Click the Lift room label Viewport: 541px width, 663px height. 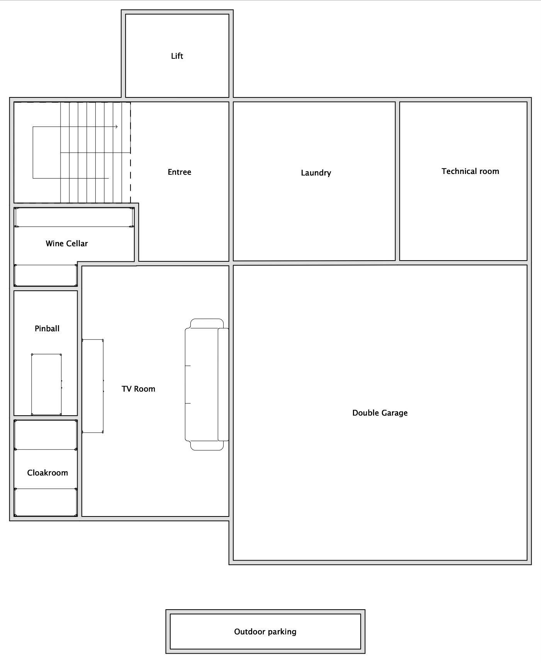click(x=177, y=56)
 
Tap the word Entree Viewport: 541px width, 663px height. click(x=179, y=172)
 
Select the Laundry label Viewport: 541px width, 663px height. click(x=316, y=173)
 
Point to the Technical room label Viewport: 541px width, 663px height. click(x=470, y=171)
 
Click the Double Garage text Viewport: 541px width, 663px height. click(x=380, y=413)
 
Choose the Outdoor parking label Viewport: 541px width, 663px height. click(x=265, y=632)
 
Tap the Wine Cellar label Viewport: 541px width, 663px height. click(x=67, y=244)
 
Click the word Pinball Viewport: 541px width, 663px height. click(x=47, y=329)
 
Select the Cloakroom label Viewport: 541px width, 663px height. click(x=47, y=473)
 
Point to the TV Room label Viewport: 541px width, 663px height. click(x=138, y=389)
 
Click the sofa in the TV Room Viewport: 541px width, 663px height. click(x=207, y=385)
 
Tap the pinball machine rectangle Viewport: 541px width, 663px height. click(x=46, y=384)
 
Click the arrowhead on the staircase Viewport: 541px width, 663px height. click(x=116, y=126)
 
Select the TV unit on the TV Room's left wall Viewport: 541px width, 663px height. click(x=93, y=386)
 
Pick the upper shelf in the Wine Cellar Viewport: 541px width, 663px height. click(x=74, y=217)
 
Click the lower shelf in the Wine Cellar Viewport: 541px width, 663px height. click(x=46, y=275)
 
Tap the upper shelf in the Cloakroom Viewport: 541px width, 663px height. click(x=46, y=435)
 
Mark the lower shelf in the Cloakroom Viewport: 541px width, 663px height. click(x=46, y=502)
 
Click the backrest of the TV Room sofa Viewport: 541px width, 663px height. click(x=223, y=385)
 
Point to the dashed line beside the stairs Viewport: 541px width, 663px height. click(x=131, y=153)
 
